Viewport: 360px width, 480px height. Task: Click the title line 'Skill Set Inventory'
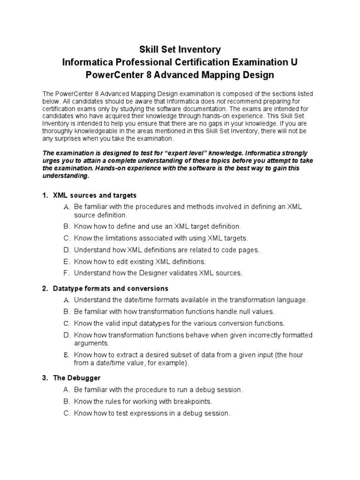[180, 49]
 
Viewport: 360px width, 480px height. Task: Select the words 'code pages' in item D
[242, 249]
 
